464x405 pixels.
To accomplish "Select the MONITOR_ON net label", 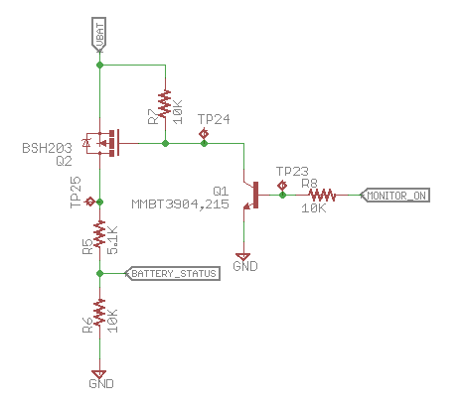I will (395, 195).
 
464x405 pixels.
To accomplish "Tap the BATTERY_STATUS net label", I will (171, 273).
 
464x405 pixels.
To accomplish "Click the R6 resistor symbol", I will (99, 320).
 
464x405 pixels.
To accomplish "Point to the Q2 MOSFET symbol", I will (103, 144).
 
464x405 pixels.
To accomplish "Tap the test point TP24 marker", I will (205, 133).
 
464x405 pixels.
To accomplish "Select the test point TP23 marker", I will (282, 184).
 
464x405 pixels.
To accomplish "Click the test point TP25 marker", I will (90, 202).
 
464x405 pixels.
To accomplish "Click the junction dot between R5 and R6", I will (99, 273).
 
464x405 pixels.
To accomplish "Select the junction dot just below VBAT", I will (99, 66).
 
